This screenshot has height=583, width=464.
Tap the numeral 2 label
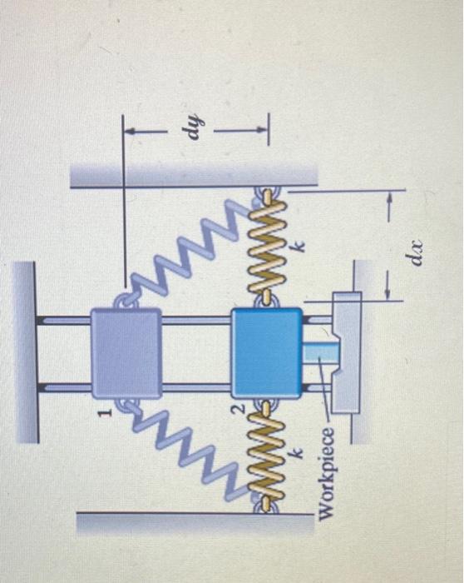click(x=240, y=408)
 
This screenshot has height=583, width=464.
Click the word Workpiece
click(x=326, y=473)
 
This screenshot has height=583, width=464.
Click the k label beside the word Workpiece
click(x=297, y=453)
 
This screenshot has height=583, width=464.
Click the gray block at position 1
click(x=126, y=353)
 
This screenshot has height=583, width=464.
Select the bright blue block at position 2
click(x=267, y=352)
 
